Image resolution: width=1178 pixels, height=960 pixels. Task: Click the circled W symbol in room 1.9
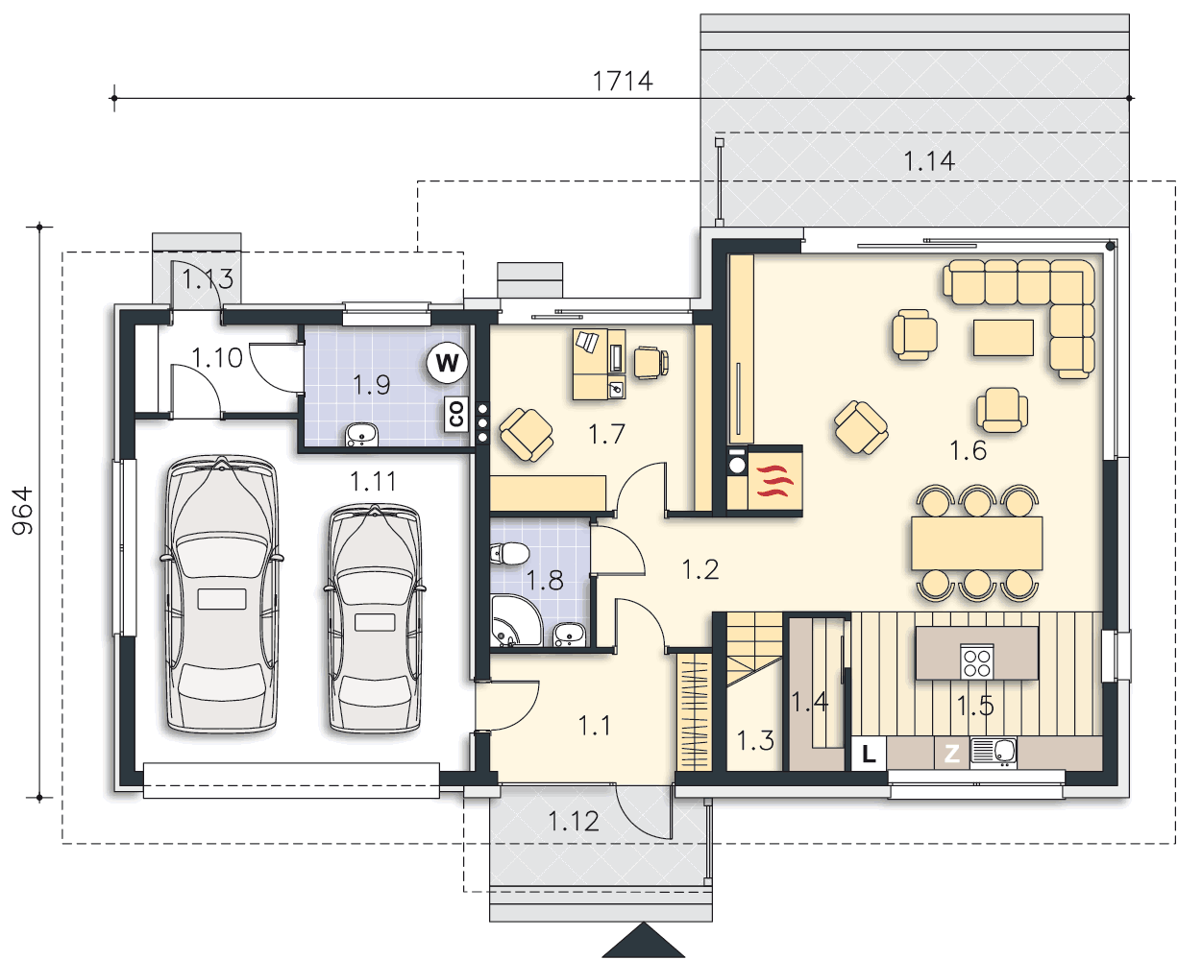447,363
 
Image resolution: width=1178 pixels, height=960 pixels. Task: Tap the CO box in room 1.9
455,414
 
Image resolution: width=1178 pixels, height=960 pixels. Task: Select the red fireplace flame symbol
774,481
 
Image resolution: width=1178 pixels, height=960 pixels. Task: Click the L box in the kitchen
868,754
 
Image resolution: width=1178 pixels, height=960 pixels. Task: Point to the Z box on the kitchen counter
951,754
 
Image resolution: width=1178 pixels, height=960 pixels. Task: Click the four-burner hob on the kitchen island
976,660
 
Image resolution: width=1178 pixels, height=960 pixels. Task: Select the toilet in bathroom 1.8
509,554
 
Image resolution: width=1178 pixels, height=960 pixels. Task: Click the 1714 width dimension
623,82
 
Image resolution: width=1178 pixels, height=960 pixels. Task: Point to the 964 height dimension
22,511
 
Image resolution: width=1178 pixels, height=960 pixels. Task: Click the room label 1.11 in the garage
373,481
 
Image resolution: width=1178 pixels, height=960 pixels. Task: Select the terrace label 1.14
929,161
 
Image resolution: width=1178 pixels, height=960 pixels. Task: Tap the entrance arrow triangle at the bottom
644,941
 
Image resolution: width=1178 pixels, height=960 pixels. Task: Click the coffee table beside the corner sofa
1003,337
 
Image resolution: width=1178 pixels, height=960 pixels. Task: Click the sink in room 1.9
361,434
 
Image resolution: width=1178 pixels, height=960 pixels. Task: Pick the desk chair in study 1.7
651,363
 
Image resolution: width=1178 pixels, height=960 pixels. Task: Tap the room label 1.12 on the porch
573,821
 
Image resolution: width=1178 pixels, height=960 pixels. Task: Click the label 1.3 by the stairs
755,741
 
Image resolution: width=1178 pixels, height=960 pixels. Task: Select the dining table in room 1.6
976,543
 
